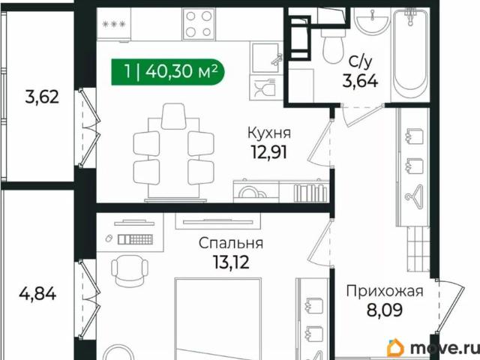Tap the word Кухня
(269, 134)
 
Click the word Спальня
(230, 243)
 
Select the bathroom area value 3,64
(360, 82)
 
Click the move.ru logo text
(442, 347)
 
